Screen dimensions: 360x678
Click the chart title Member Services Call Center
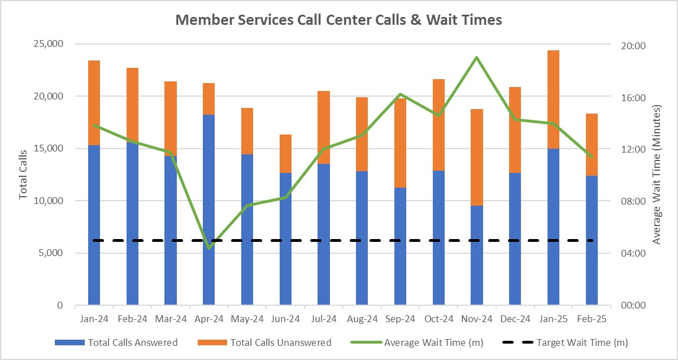click(x=338, y=20)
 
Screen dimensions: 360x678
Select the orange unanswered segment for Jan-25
click(x=554, y=99)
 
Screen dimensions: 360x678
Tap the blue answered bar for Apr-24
click(x=208, y=209)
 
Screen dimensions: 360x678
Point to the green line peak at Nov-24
click(x=477, y=57)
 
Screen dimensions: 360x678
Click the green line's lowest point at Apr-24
click(x=209, y=248)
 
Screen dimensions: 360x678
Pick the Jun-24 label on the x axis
click(x=285, y=319)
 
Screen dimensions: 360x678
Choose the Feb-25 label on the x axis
click(x=592, y=319)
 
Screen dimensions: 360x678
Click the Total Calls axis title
click(x=23, y=175)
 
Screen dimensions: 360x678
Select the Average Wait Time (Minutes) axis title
click(x=657, y=175)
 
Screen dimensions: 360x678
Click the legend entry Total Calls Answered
click(x=116, y=342)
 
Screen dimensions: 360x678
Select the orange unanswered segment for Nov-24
click(x=477, y=157)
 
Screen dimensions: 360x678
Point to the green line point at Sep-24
click(x=400, y=94)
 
